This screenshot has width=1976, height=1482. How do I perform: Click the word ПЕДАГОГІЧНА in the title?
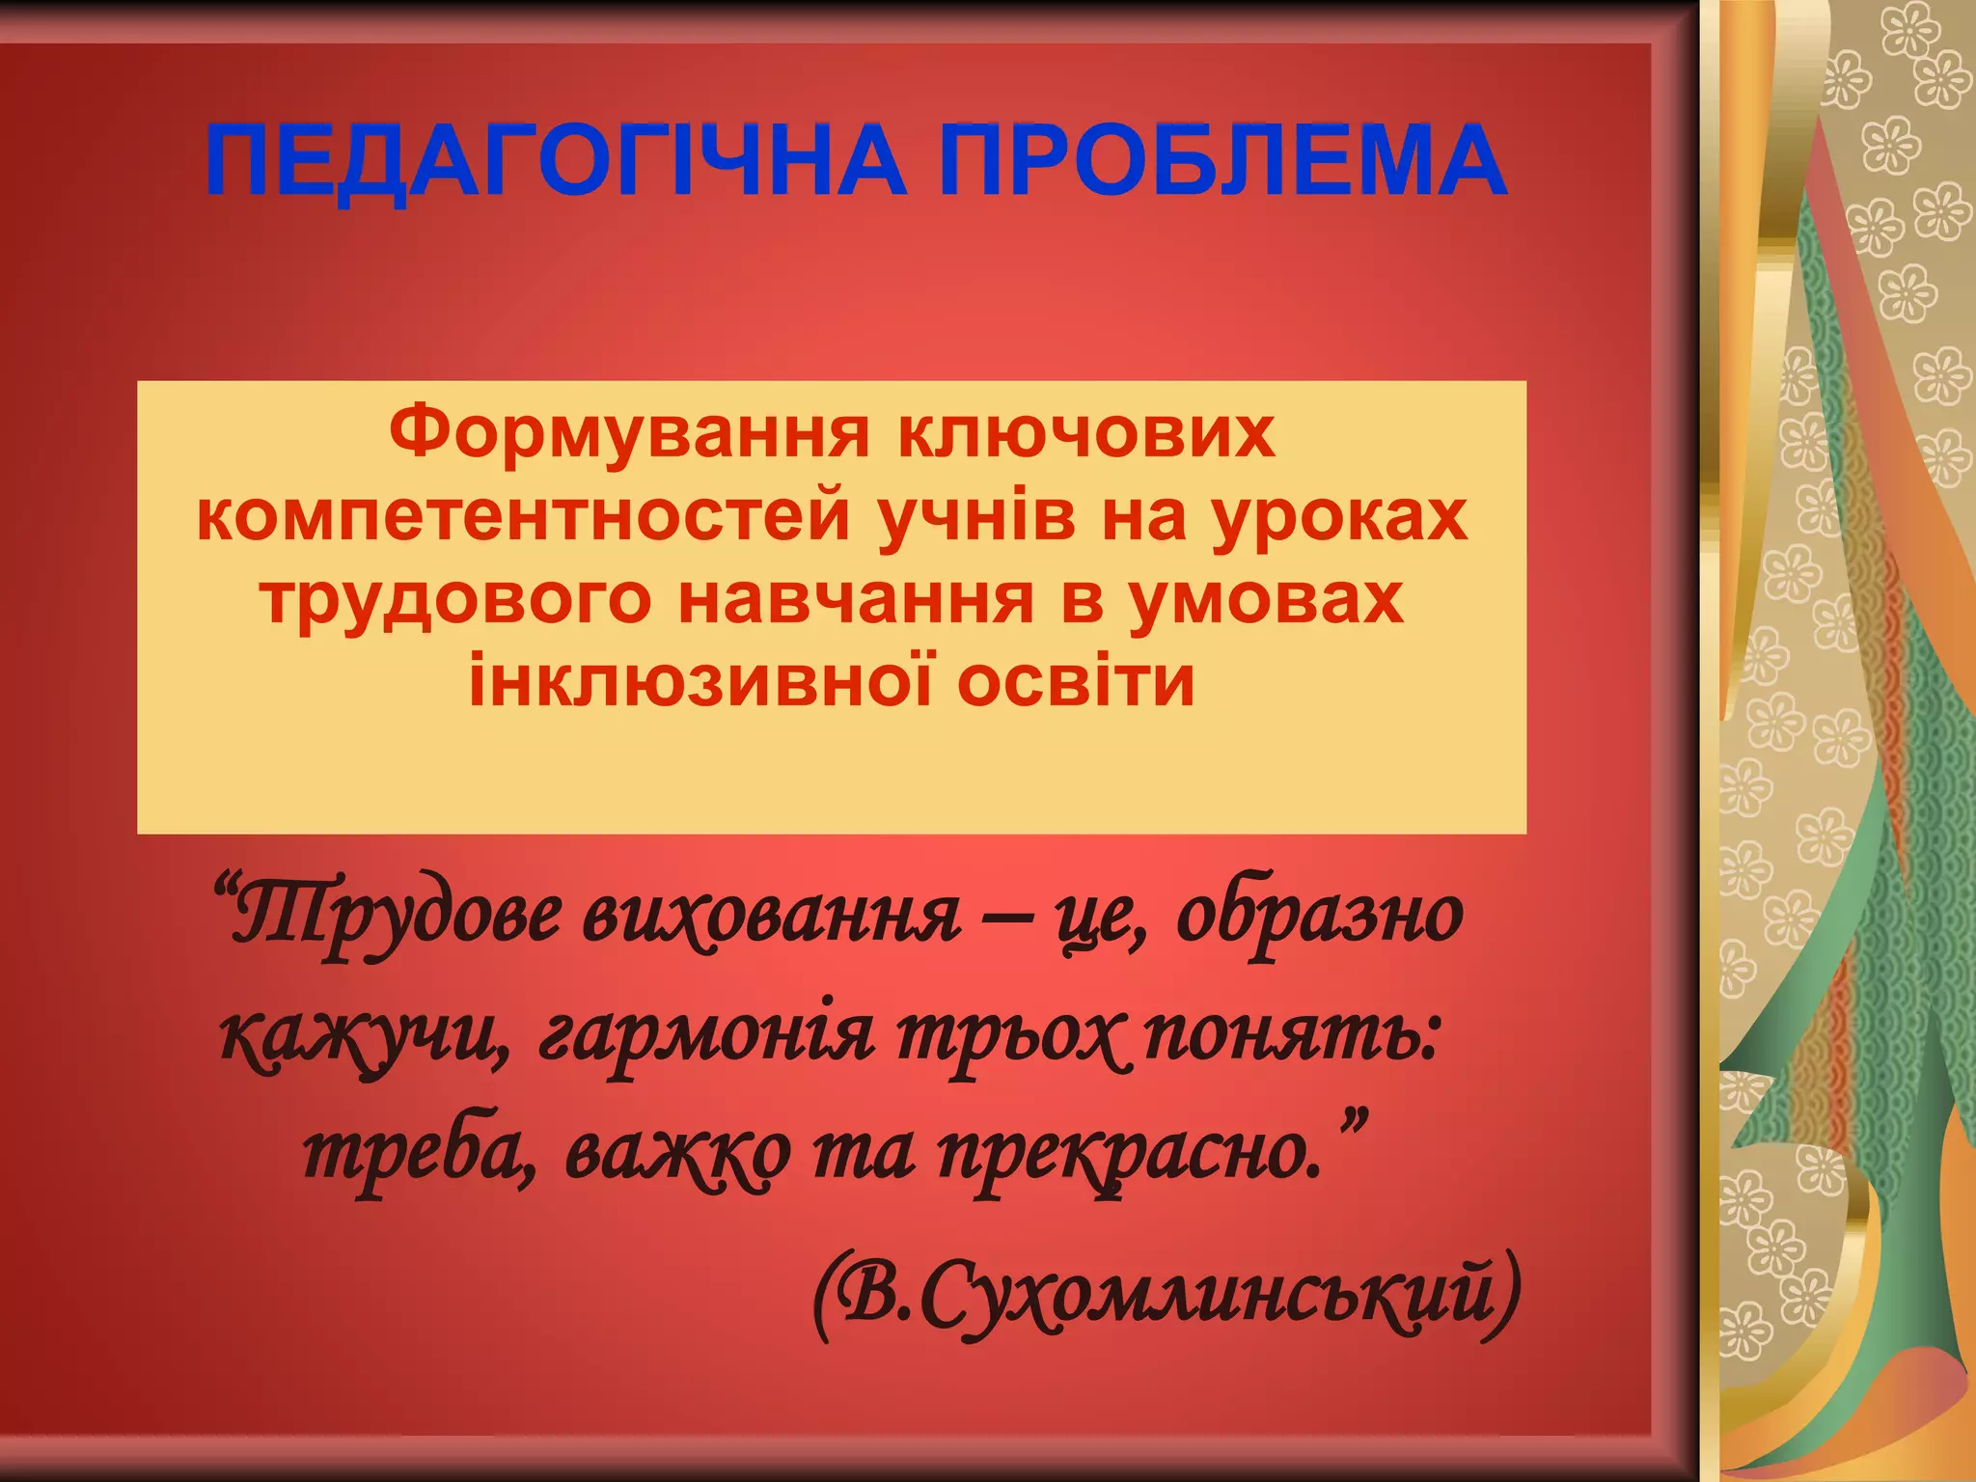point(556,160)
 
